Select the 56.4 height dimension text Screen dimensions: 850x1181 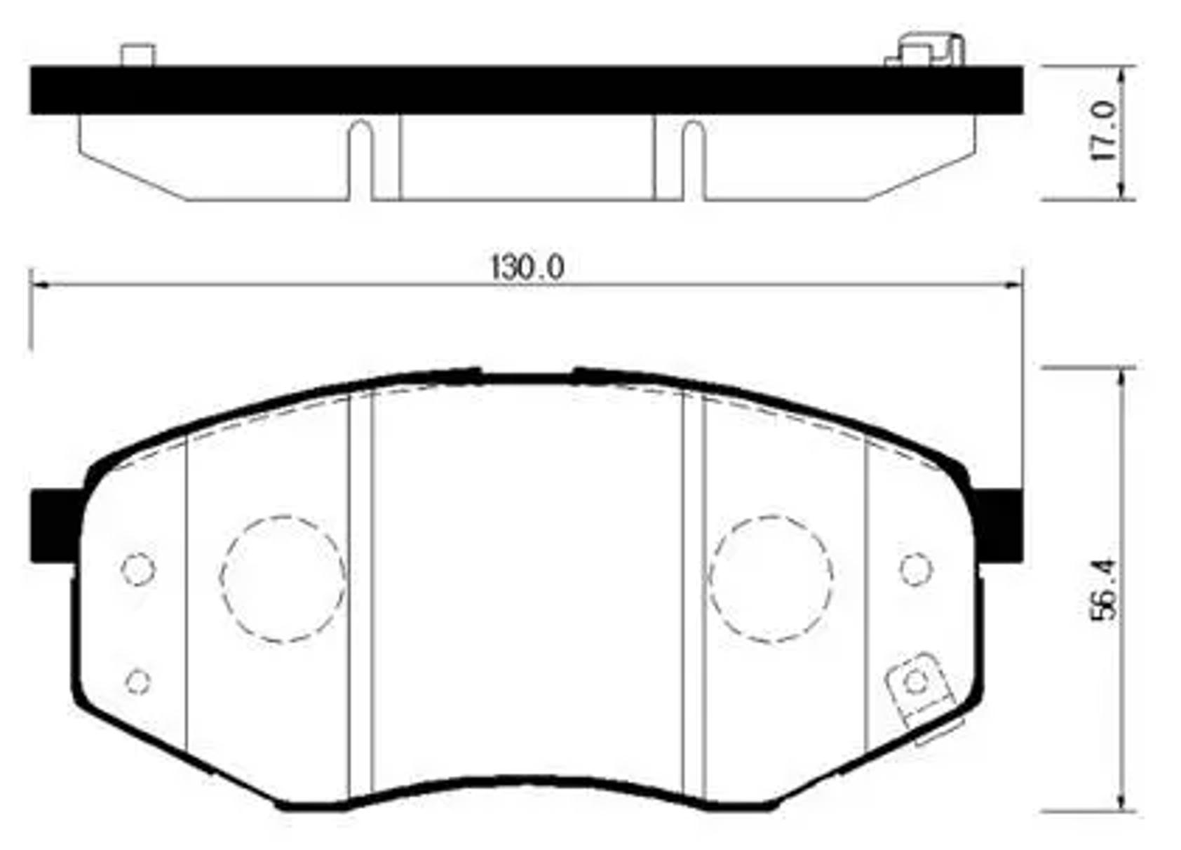pyautogui.click(x=1102, y=589)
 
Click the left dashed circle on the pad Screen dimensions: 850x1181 pyautogui.click(x=283, y=579)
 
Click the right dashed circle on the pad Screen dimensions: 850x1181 pyautogui.click(x=771, y=579)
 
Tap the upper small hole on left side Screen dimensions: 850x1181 pyautogui.click(x=138, y=569)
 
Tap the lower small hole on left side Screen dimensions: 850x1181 pyautogui.click(x=138, y=681)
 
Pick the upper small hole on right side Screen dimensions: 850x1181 pyautogui.click(x=915, y=569)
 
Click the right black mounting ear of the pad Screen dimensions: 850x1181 pyautogui.click(x=999, y=526)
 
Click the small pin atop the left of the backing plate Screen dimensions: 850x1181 pyautogui.click(x=137, y=55)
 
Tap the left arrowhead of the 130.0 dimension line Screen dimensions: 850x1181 pyautogui.click(x=39, y=285)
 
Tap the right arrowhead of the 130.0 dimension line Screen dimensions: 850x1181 pyautogui.click(x=1014, y=285)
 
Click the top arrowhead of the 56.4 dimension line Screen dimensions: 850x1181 pyautogui.click(x=1123, y=376)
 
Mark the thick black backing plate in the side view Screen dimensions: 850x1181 pyautogui.click(x=526, y=90)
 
